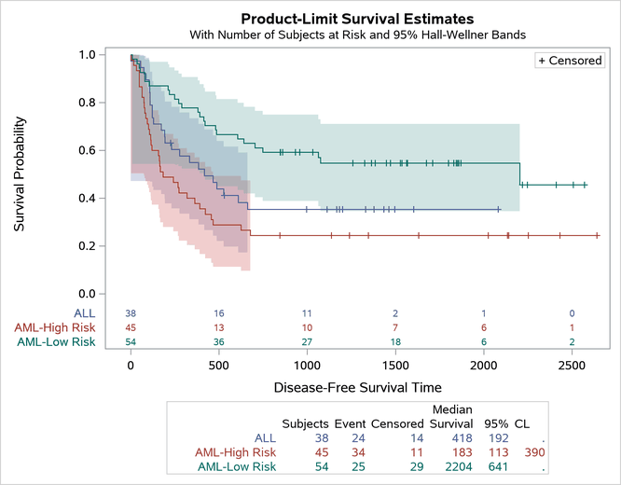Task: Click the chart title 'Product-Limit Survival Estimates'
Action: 357,18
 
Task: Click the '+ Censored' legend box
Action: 570,61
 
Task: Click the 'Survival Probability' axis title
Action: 20,174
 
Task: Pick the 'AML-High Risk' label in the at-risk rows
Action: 54,327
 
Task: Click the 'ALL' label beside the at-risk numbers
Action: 82,312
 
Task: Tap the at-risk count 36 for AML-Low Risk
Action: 219,342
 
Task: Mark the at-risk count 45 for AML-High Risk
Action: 131,327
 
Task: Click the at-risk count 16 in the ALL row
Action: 219,312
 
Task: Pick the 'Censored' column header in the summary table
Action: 397,422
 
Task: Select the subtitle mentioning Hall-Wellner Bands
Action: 357,35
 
